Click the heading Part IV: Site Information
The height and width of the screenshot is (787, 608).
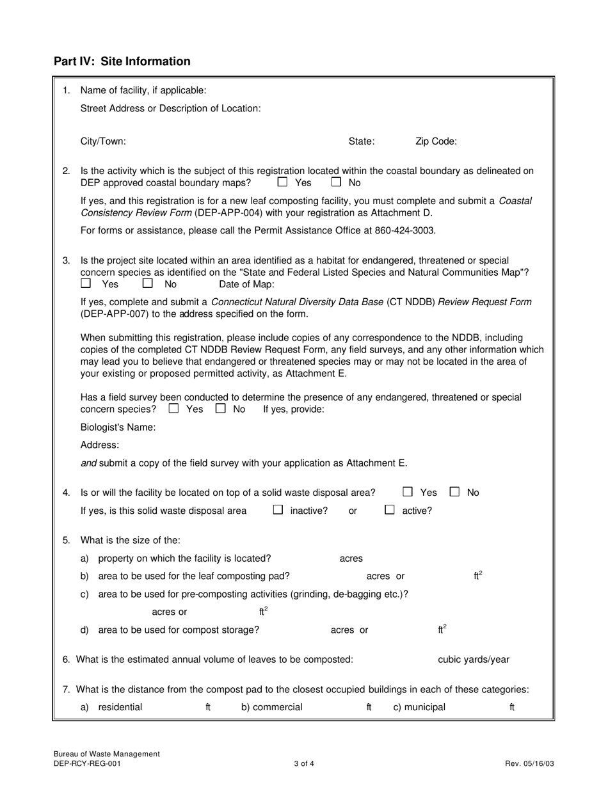point(122,61)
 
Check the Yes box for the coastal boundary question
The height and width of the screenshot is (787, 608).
point(282,182)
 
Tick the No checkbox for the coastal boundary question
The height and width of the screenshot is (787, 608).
point(336,182)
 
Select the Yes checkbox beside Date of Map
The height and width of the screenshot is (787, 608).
point(86,283)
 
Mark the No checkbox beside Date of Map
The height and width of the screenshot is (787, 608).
point(148,283)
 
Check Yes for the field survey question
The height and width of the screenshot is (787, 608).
point(173,408)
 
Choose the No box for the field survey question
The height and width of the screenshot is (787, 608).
point(221,408)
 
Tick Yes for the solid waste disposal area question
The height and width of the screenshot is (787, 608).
point(408,492)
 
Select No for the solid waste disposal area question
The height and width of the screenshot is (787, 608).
point(454,492)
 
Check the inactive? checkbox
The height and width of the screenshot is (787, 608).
point(278,510)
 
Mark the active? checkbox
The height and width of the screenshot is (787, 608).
point(389,510)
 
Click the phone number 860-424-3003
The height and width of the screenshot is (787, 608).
point(408,230)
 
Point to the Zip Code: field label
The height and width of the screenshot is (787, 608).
point(436,141)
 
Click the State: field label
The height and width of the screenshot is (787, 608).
point(362,141)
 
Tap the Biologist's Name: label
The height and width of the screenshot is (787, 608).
point(118,427)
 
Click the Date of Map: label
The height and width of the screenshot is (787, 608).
point(246,284)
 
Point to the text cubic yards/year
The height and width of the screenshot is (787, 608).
point(474,660)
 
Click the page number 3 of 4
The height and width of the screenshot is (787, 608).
point(304,763)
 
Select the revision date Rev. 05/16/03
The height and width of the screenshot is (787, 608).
point(529,763)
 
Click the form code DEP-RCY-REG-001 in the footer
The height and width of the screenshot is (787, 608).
point(86,763)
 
